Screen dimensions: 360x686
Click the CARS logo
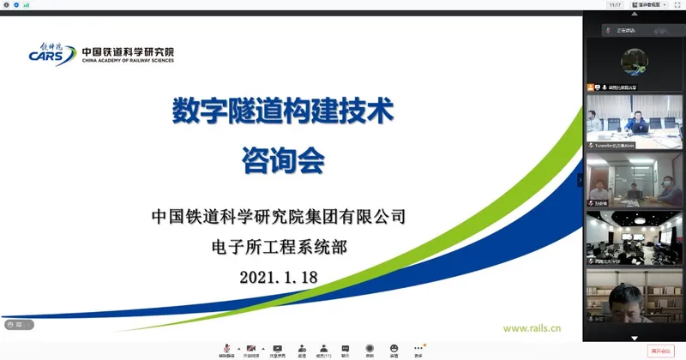coord(51,53)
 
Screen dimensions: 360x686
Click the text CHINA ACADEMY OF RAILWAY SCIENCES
coord(129,61)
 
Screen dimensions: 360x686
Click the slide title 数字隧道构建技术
coord(283,111)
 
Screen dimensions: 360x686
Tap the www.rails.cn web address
coord(532,327)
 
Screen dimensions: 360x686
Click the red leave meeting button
coord(661,350)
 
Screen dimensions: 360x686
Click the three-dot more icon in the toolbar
coord(418,348)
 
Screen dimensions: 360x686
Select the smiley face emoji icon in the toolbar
coord(394,348)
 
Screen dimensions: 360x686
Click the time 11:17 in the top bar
coord(615,5)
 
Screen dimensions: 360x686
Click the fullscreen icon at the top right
coord(677,5)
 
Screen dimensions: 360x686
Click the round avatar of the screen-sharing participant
coord(634,61)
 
